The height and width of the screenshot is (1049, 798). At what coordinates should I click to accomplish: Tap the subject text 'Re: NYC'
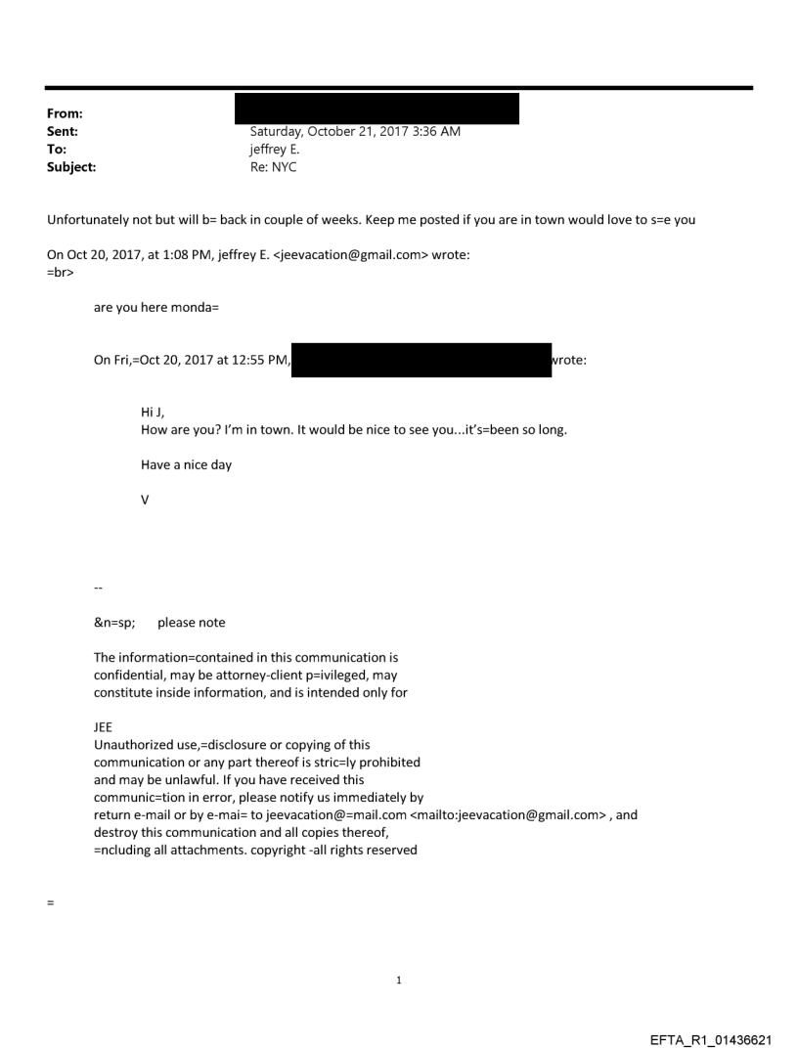pos(274,167)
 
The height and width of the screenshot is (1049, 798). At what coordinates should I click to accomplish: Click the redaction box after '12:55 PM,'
pos(421,360)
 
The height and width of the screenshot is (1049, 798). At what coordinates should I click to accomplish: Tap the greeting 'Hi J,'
pos(153,413)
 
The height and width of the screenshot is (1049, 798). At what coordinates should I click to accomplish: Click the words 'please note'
pos(191,623)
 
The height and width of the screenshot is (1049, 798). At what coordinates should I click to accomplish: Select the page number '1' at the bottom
pos(399,981)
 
